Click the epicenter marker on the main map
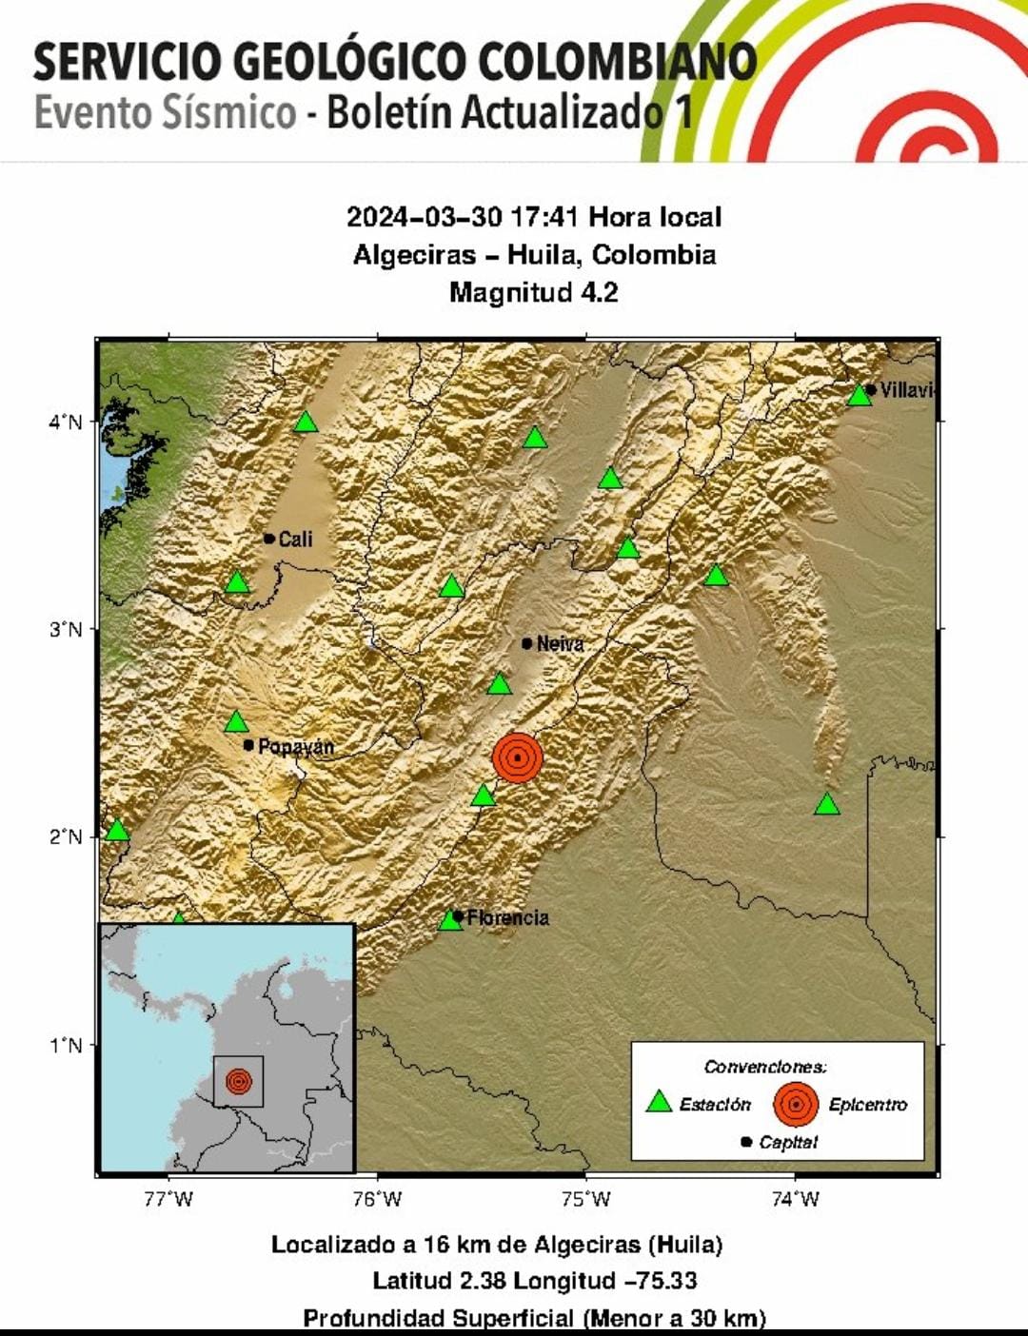coord(517,757)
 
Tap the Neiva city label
coord(559,644)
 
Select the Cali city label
coord(294,540)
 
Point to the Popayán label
coord(295,747)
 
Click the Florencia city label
coord(507,918)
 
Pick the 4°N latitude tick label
coord(66,422)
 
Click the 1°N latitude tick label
coord(66,1046)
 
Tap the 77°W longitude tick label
coord(168,1199)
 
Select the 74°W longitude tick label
coord(795,1199)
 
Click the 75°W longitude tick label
coord(586,1199)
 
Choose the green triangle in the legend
coord(659,1102)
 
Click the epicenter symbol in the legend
coord(796,1104)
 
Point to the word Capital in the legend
coord(788,1142)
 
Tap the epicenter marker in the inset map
coord(238,1081)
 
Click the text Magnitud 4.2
coord(533,292)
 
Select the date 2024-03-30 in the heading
coord(424,217)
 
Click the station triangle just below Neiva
coord(499,684)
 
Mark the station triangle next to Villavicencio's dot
coord(859,395)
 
